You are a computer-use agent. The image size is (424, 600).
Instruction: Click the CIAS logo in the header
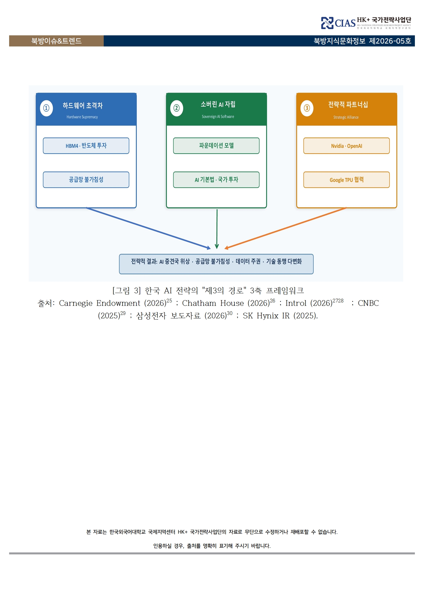338,23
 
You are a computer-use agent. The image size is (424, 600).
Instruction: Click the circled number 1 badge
46,108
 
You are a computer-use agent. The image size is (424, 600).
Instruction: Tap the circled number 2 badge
177,108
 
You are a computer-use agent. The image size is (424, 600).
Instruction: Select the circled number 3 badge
307,108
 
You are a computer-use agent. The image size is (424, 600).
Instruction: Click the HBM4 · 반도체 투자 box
86,146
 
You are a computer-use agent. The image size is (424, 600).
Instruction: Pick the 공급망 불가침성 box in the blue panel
86,180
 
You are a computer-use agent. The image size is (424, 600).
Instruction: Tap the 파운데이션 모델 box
216,146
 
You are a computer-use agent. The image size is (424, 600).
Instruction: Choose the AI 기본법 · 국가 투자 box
216,180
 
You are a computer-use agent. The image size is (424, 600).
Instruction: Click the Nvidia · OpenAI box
346,146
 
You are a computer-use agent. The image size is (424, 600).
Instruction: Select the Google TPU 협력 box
346,180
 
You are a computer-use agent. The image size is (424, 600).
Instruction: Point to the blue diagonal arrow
148,228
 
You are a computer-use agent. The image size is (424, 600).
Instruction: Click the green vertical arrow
217,229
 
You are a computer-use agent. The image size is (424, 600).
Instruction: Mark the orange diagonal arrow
286,228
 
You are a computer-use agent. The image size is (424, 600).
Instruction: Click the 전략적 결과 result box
216,264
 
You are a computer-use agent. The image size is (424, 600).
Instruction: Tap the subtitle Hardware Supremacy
82,117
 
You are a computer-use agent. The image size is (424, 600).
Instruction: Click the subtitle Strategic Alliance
346,117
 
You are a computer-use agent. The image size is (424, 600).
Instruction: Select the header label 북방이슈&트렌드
56,41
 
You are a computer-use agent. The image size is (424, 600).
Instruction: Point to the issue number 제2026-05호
390,41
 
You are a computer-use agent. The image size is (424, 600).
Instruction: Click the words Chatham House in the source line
213,303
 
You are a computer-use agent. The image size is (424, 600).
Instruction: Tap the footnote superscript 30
230,313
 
